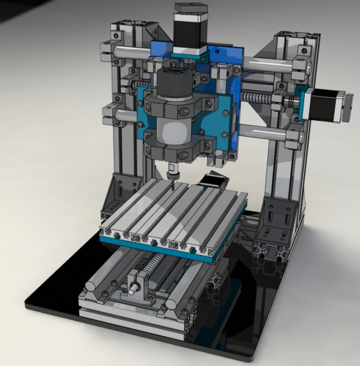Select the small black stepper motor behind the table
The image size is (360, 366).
point(212,183)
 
